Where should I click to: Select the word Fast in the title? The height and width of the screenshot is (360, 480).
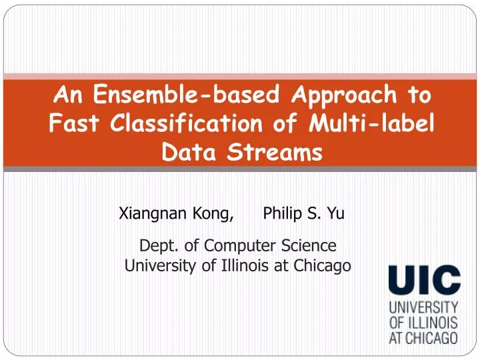71,125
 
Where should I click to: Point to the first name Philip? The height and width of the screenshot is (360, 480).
283,214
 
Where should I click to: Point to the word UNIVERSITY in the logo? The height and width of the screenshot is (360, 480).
423,308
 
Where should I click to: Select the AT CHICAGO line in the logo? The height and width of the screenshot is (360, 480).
423,337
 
